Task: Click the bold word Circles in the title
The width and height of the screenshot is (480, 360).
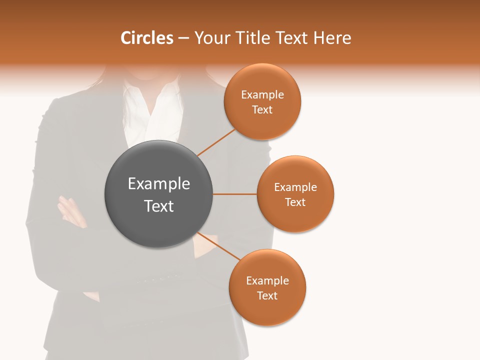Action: coord(146,38)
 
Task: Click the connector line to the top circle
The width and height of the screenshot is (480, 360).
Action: coord(216,142)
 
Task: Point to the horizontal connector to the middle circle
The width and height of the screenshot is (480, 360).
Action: coord(235,194)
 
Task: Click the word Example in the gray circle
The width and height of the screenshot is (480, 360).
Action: coord(159,184)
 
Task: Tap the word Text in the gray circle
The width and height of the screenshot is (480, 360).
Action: coord(159,206)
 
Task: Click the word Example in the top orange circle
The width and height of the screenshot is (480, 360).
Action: coord(262,95)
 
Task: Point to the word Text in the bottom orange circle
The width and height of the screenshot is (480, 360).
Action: coord(267,295)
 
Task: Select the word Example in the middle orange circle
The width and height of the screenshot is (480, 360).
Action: coord(295,187)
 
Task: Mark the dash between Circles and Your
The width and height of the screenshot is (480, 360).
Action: coord(183,38)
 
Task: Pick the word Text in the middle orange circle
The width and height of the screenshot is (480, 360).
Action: coord(295,202)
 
